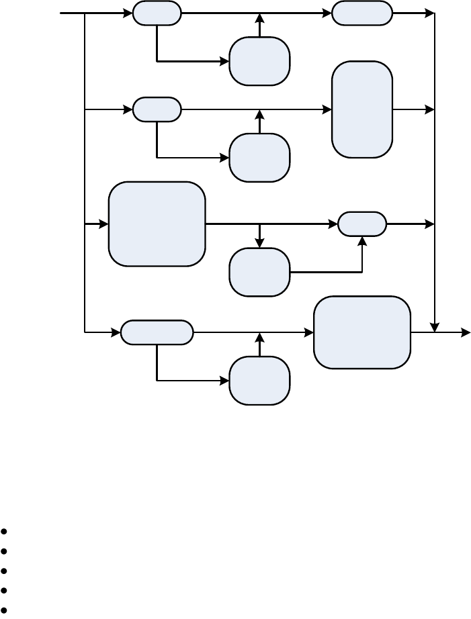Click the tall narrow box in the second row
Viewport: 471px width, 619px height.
point(361,109)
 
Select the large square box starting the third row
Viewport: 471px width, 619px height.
point(157,224)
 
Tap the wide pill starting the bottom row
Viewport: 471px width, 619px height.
point(157,332)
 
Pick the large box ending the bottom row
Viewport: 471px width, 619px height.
point(361,332)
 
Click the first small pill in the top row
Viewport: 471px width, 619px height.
point(157,13)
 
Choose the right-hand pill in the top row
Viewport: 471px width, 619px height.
point(361,13)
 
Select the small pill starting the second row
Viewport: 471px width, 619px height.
point(157,109)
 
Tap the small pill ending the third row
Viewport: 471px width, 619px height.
point(361,224)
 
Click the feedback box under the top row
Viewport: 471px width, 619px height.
point(259,61)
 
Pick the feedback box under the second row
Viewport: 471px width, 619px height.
point(259,158)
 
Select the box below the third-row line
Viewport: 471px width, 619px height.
point(259,272)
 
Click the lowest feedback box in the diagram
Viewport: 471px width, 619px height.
point(259,381)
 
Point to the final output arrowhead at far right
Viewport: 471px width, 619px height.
point(466,332)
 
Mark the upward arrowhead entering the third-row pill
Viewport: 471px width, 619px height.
point(362,240)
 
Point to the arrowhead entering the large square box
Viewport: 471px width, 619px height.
point(105,224)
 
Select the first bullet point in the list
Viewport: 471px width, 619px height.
point(5,531)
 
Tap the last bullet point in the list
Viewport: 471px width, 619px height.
point(5,611)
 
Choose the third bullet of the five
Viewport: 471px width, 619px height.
point(5,571)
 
